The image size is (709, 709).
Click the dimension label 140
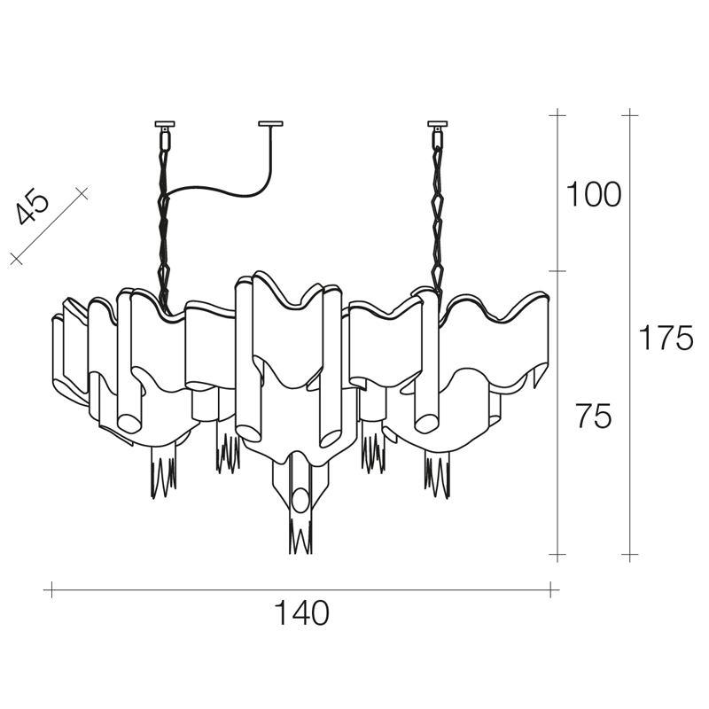tap(302, 612)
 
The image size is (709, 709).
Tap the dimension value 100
tap(594, 194)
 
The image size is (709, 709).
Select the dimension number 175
tap(666, 338)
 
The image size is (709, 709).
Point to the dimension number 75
tap(593, 416)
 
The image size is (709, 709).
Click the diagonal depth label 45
tap(32, 209)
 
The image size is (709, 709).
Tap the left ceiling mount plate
tap(165, 123)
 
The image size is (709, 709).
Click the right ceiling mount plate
tap(438, 123)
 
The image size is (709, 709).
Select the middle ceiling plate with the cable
tap(270, 123)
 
